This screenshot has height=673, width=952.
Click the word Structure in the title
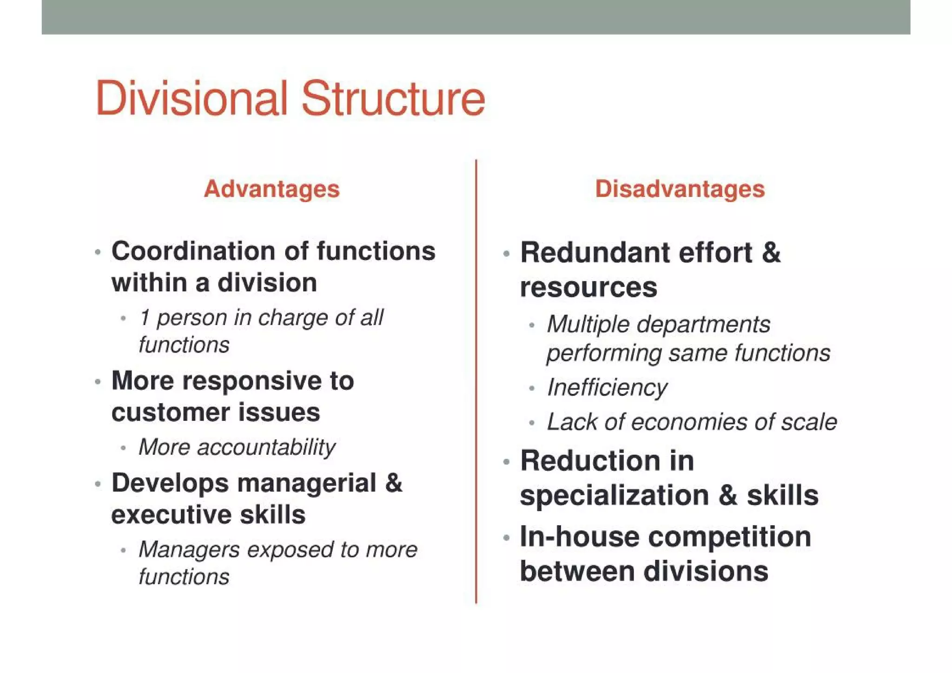(x=393, y=99)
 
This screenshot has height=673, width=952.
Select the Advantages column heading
(x=272, y=189)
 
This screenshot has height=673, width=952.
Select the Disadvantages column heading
(x=680, y=189)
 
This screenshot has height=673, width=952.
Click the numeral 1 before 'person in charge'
(x=145, y=318)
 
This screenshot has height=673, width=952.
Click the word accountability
(x=266, y=447)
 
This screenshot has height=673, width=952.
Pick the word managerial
(x=307, y=483)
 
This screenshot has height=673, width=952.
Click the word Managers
(x=189, y=550)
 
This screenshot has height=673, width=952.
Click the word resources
(x=588, y=287)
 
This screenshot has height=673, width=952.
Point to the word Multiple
(x=588, y=324)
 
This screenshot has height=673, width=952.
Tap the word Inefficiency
(x=607, y=388)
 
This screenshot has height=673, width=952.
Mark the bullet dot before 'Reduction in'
(x=507, y=462)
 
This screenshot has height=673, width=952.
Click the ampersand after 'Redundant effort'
(x=771, y=253)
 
